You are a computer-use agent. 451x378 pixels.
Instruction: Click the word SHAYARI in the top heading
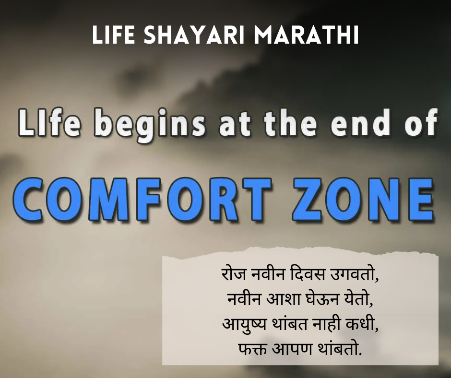tap(184, 36)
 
